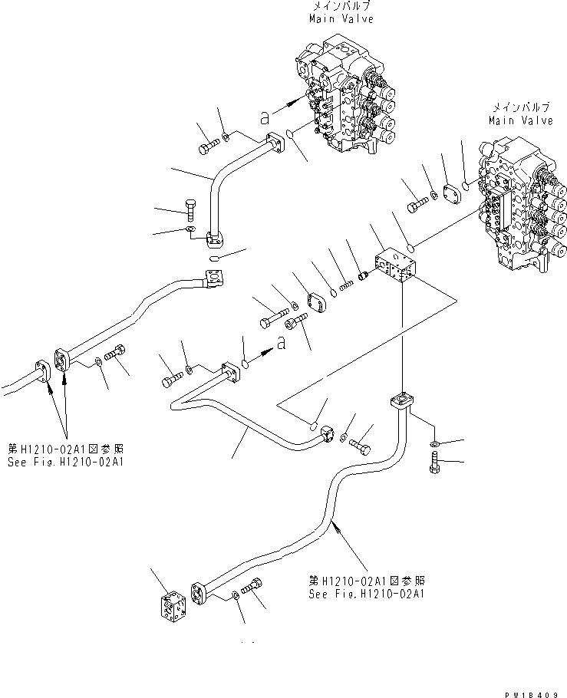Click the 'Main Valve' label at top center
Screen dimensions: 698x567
tap(341, 19)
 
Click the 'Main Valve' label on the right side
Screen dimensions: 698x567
tap(521, 120)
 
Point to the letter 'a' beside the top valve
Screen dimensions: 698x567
tap(265, 117)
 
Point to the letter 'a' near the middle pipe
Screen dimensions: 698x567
tap(282, 344)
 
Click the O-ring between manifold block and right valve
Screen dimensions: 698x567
tap(411, 247)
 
